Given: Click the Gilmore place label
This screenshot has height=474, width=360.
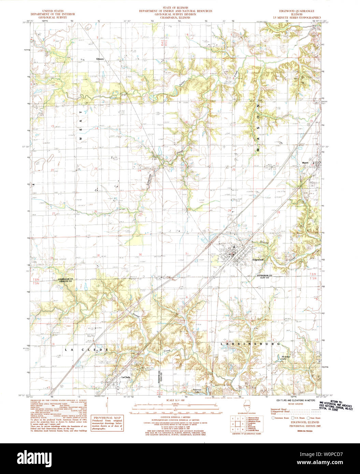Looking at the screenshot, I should (x=100, y=59).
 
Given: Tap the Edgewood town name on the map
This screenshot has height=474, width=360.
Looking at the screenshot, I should (x=258, y=260).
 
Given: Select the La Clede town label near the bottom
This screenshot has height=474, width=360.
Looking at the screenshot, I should (x=126, y=377).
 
